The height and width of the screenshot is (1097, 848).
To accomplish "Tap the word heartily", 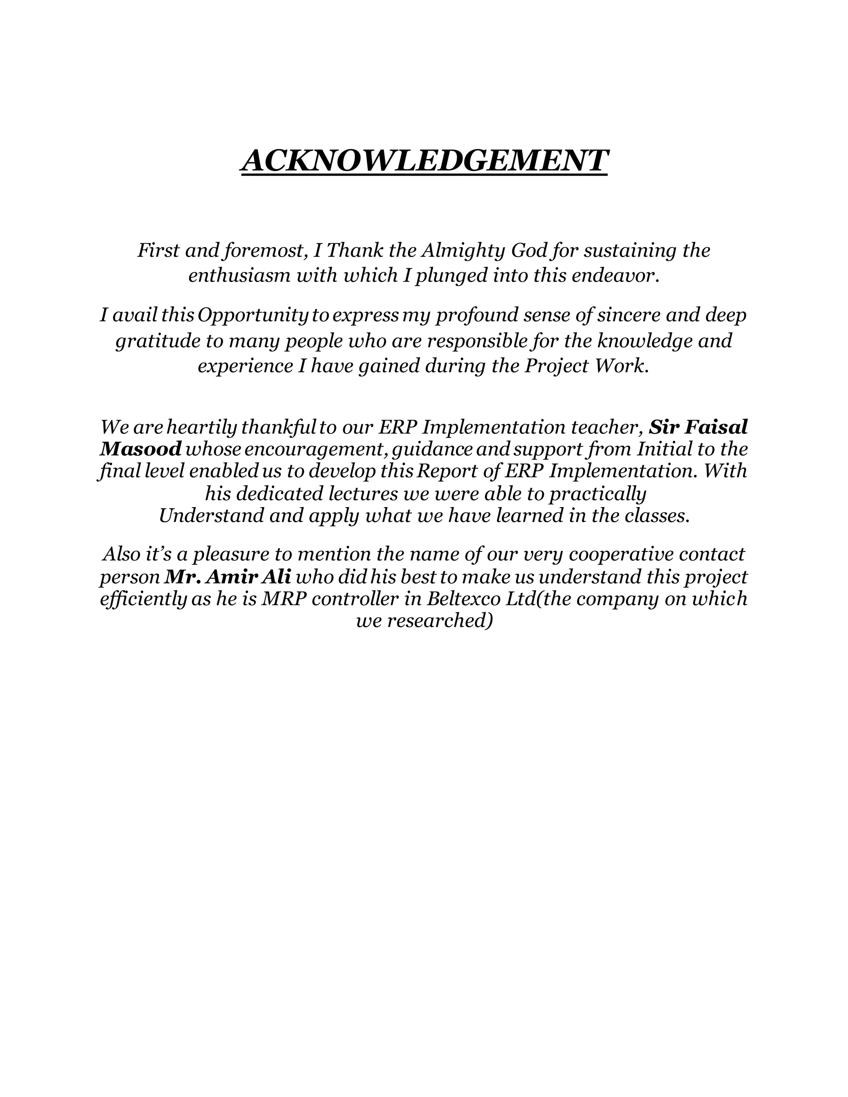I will click(x=202, y=428).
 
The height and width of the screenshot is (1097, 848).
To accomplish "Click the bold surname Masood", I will click(x=140, y=449).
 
